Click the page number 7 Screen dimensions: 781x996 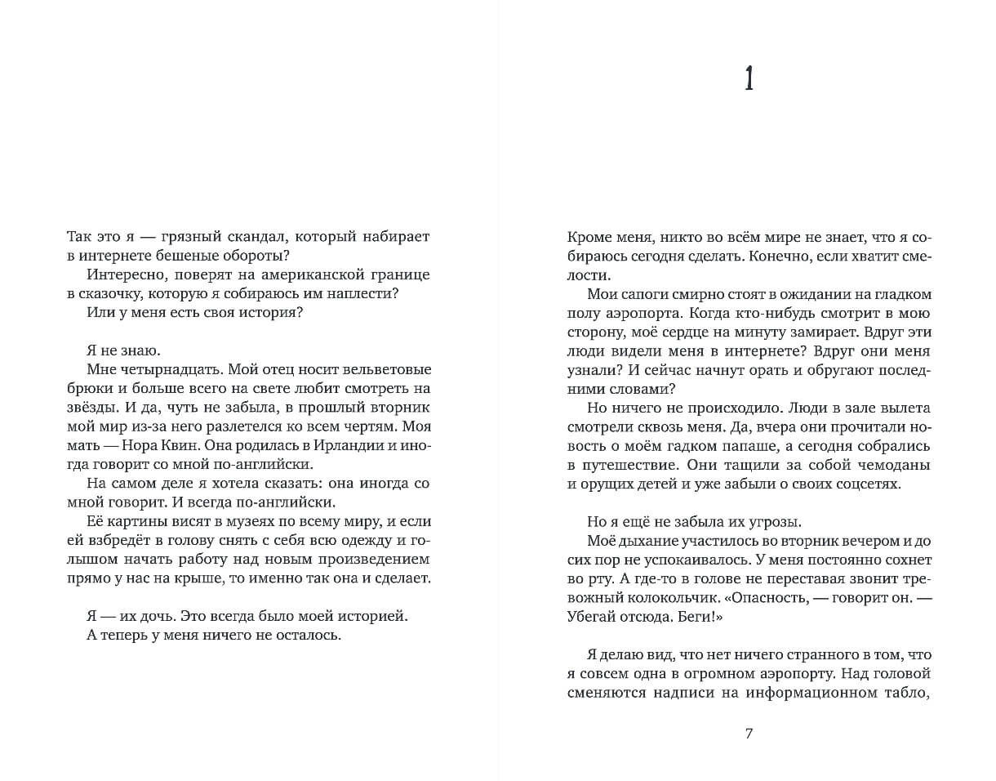[749, 733]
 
